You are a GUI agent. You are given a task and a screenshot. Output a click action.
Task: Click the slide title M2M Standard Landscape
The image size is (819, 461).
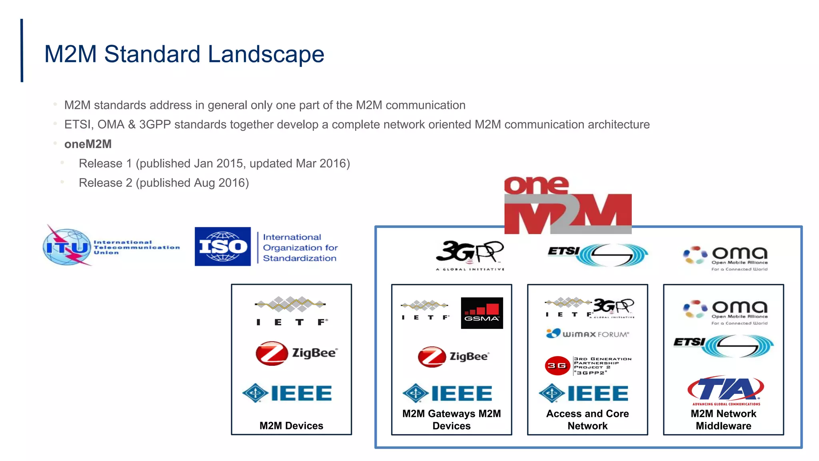click(184, 54)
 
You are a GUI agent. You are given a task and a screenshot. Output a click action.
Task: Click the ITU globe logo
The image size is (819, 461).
click(67, 247)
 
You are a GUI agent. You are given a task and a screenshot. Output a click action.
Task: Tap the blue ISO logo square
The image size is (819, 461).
click(223, 247)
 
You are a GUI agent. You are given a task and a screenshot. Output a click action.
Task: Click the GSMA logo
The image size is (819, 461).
click(482, 313)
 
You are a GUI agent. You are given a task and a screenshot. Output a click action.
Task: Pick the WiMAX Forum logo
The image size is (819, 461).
click(587, 333)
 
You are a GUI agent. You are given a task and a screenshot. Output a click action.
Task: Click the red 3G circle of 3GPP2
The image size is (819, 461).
click(557, 365)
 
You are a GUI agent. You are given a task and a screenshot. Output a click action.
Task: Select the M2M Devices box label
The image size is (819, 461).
click(291, 425)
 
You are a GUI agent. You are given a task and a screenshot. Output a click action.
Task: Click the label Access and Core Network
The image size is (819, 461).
click(587, 419)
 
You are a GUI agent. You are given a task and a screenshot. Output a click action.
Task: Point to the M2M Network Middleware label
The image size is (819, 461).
click(723, 419)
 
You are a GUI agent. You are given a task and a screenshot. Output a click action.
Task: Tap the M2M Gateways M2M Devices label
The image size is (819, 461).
click(451, 419)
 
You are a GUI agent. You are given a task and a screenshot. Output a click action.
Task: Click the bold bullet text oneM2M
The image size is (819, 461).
click(88, 144)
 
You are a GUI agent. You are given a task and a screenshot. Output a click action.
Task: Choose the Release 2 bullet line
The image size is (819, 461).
click(164, 183)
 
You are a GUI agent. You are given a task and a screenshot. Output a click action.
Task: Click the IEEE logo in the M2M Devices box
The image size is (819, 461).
click(287, 393)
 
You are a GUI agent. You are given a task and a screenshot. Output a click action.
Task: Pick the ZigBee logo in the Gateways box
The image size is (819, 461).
click(453, 356)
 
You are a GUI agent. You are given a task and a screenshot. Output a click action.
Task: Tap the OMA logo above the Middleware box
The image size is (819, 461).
click(725, 258)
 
